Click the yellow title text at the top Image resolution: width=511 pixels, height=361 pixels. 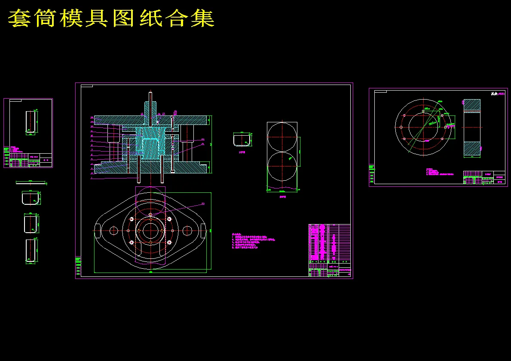coord(111,18)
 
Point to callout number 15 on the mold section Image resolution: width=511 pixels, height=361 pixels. coord(142,114)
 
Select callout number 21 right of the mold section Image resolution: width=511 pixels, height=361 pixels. coord(203,144)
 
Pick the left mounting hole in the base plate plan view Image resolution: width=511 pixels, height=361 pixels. coord(113,231)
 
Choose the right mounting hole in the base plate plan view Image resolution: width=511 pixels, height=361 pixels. coord(187,231)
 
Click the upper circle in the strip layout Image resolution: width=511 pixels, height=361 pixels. coord(282,137)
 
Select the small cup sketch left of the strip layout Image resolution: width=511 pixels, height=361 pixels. coord(242,140)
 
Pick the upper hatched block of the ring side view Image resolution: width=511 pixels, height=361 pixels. coord(472,105)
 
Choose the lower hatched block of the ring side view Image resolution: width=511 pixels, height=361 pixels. coord(472,149)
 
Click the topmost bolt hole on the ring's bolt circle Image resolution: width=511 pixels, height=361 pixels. coord(423,111)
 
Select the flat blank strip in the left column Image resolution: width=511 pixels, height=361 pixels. coord(31,182)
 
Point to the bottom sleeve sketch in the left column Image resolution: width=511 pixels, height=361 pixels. coord(30,251)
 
